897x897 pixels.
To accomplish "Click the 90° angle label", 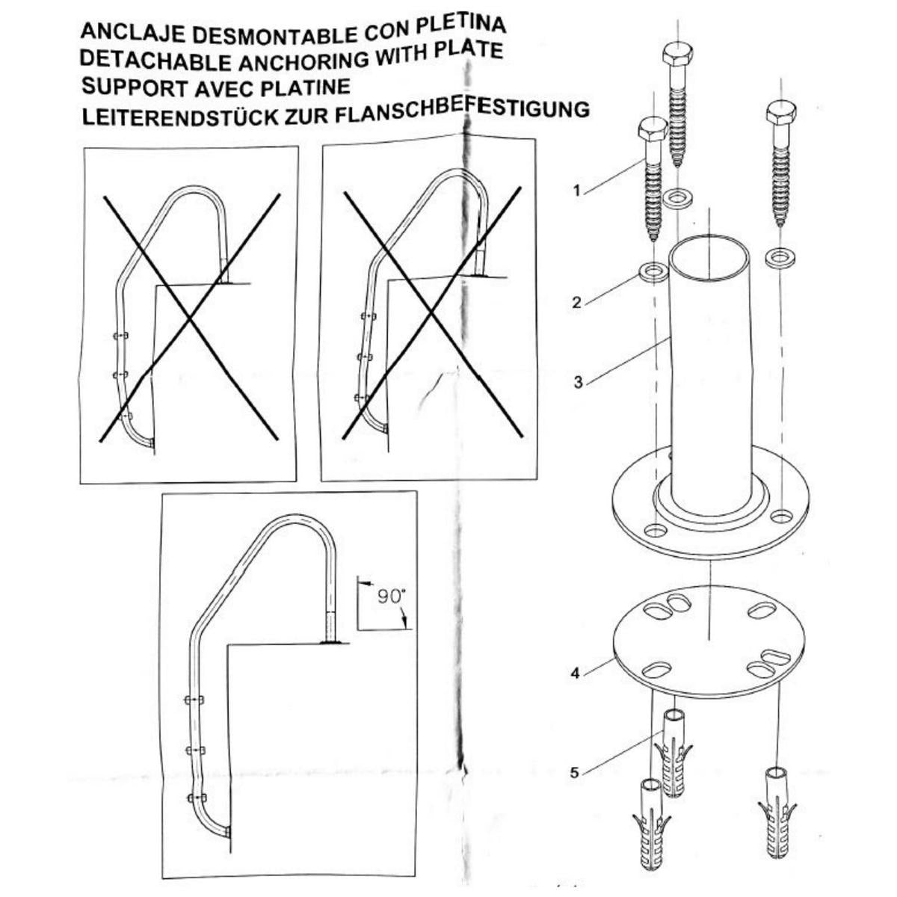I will (390, 597).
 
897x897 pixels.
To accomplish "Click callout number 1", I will (576, 191).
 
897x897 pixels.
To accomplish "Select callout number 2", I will (576, 303).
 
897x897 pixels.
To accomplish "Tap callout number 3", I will (578, 382).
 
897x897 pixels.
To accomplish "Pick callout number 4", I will (575, 673).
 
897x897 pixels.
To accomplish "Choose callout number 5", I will (575, 773).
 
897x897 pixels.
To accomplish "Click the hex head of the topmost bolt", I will (677, 54).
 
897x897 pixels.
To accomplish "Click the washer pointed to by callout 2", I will (654, 269).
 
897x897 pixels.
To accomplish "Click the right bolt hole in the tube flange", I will (781, 516).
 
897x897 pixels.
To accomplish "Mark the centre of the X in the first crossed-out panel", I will (191, 318).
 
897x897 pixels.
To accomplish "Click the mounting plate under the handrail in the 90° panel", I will (329, 641).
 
